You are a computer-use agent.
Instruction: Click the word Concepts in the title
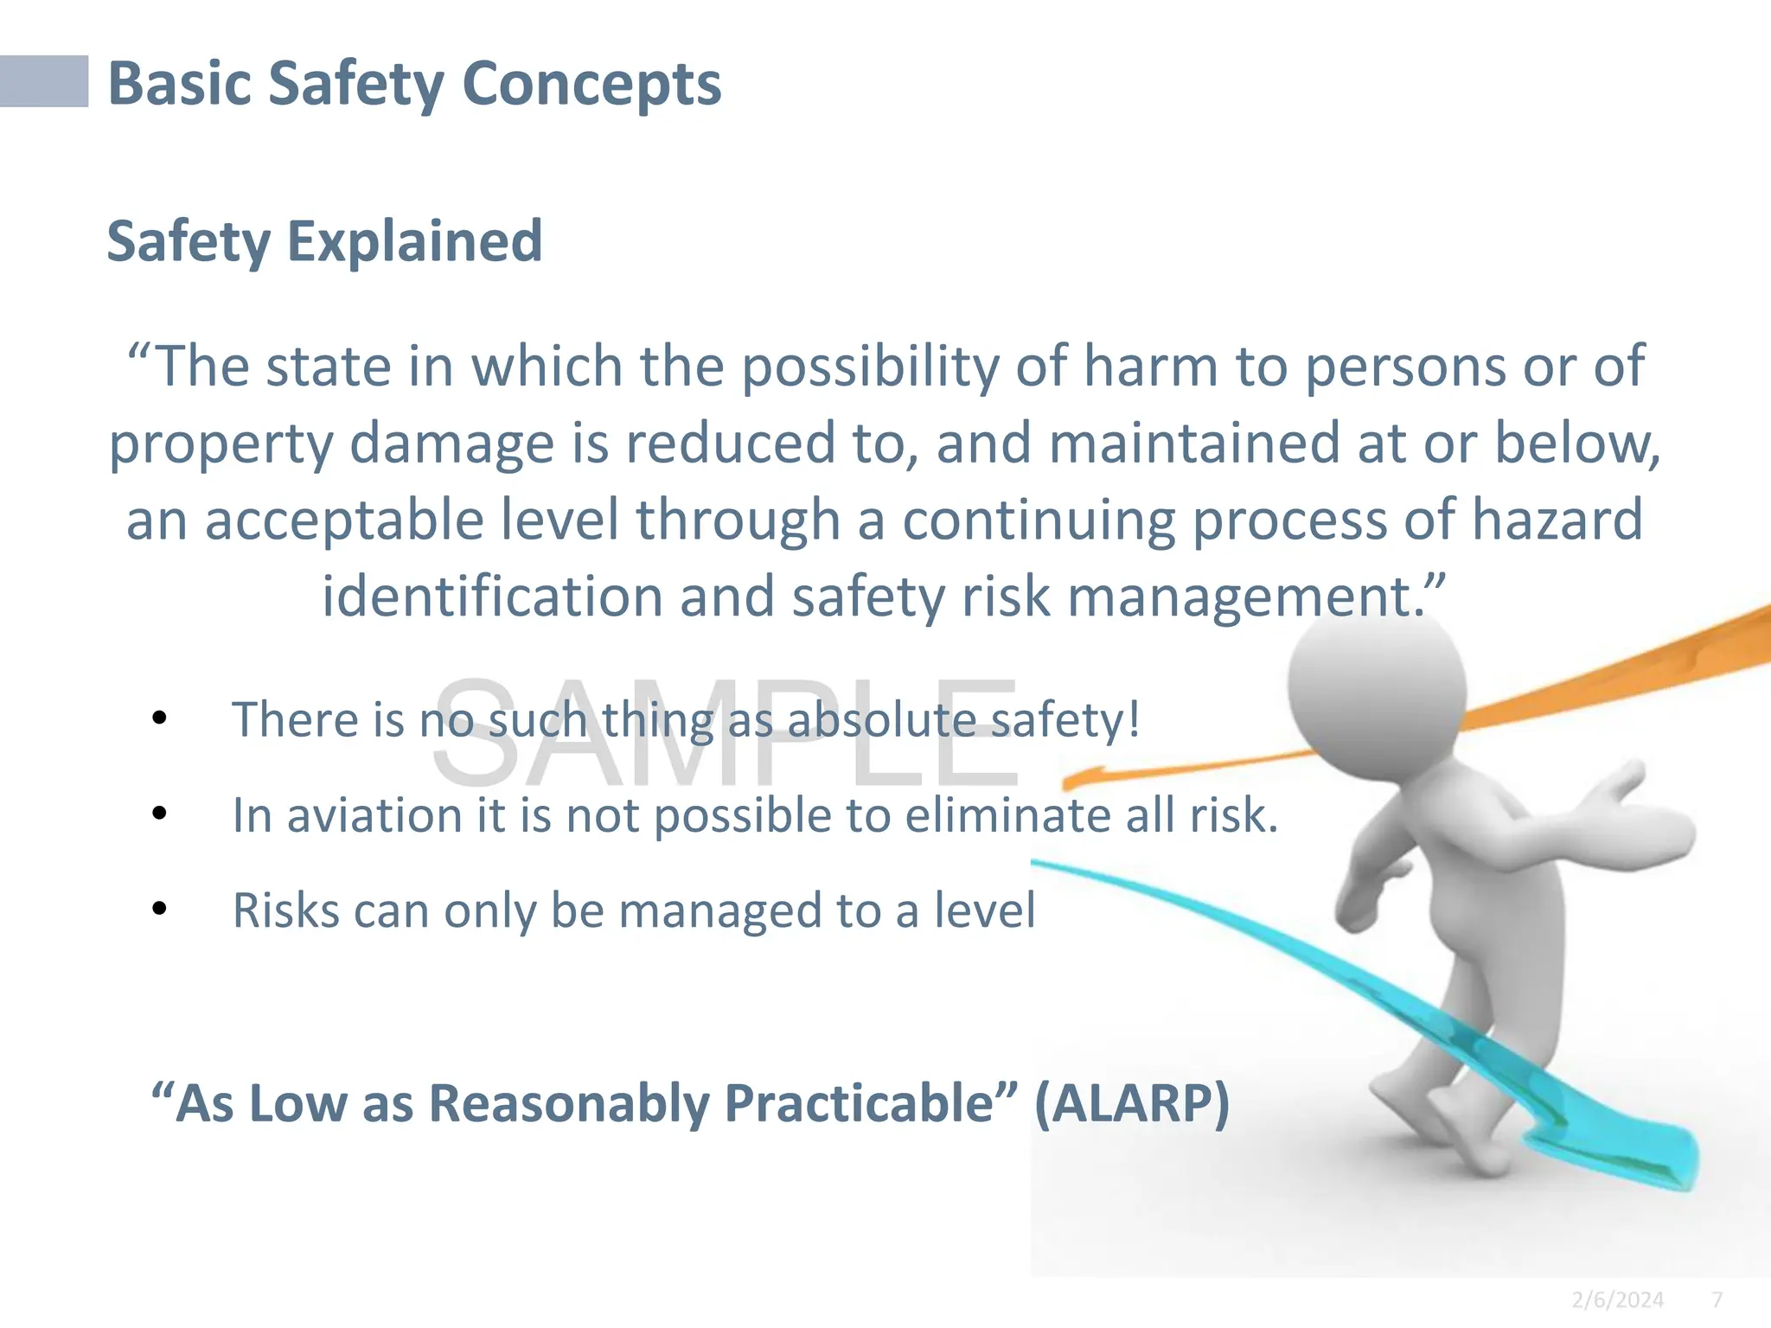pyautogui.click(x=591, y=84)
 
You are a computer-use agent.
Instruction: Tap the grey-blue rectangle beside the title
pyautogui.click(x=43, y=81)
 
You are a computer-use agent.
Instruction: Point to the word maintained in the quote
pyautogui.click(x=1194, y=443)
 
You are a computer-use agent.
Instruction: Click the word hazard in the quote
pyautogui.click(x=1557, y=520)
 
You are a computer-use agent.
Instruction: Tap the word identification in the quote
pyautogui.click(x=492, y=597)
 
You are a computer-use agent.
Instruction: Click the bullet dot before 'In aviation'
pyautogui.click(x=159, y=814)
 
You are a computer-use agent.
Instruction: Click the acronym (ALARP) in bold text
pyautogui.click(x=1131, y=1103)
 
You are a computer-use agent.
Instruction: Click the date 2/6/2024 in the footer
pyautogui.click(x=1617, y=1299)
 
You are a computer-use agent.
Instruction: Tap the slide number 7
pyautogui.click(x=1717, y=1299)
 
